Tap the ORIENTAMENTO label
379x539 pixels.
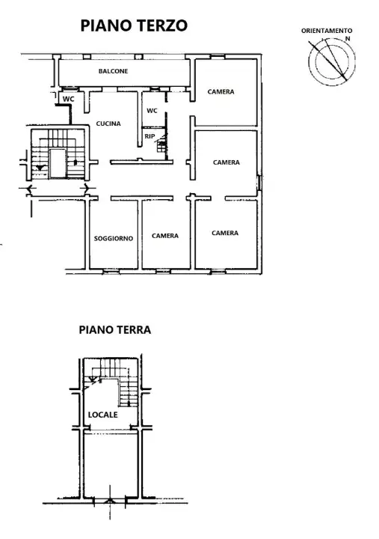(326, 31)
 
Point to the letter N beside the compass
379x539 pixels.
(348, 37)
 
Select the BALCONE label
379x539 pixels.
(113, 71)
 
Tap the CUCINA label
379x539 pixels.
(108, 124)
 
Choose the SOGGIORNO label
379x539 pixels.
(114, 238)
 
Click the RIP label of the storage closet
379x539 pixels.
(150, 136)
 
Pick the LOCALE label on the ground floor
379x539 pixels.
(102, 414)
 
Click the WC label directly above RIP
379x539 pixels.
(152, 111)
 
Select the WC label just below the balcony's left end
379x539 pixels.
(68, 99)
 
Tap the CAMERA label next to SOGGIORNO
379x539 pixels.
(165, 236)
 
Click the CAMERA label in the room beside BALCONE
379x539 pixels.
(221, 92)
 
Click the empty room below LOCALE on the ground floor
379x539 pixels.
(109, 464)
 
